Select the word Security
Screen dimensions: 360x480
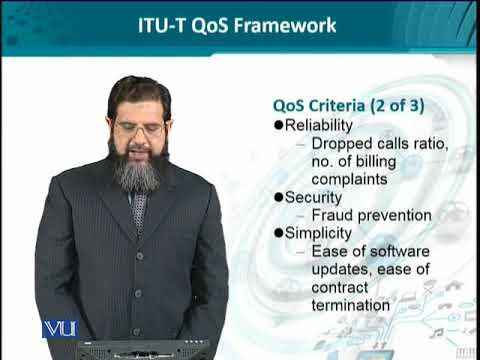point(314,198)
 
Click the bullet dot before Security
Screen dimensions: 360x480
point(278,198)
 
